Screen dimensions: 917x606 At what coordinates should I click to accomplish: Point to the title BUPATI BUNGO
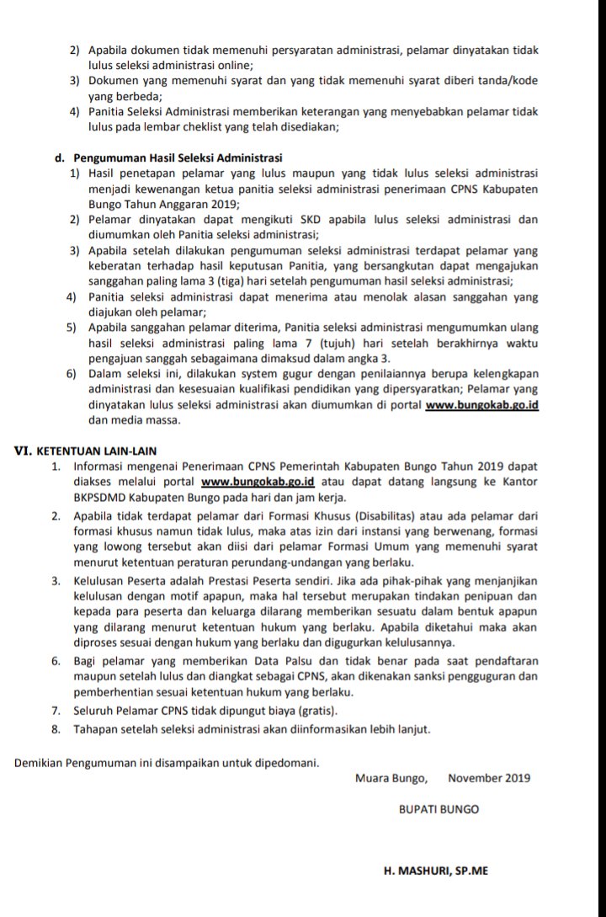pos(439,809)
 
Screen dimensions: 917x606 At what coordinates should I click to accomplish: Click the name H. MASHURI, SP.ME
pos(435,872)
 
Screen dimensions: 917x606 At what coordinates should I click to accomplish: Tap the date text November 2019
pos(489,778)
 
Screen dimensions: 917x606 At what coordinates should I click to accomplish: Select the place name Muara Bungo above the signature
pos(391,778)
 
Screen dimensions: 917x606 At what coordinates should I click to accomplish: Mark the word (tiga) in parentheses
pos(208,280)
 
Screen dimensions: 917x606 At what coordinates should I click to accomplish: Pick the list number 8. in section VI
pos(56,728)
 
